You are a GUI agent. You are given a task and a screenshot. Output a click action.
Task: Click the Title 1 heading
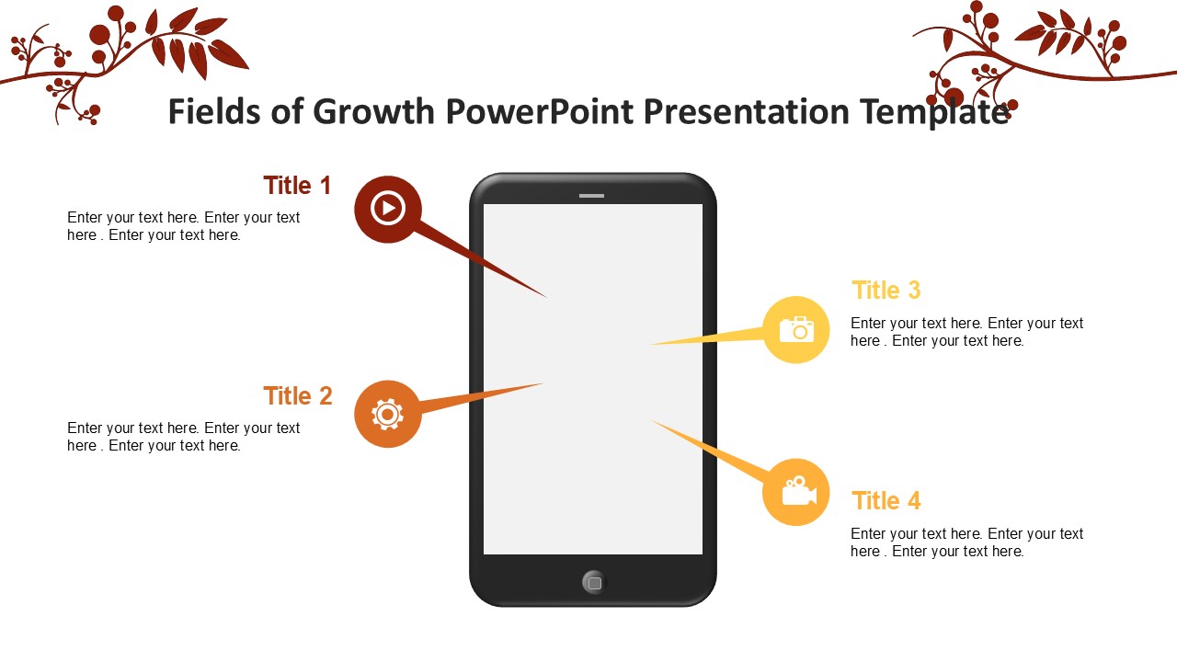pos(297,186)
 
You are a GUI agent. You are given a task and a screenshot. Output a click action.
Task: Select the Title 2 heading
pos(298,396)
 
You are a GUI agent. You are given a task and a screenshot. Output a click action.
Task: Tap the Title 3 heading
pos(886,290)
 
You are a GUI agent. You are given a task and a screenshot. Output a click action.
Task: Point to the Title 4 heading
pos(886,501)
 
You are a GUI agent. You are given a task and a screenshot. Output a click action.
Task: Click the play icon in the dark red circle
pos(388,209)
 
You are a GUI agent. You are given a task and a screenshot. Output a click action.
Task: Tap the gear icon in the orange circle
pos(388,415)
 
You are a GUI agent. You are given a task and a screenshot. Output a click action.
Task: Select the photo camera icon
pos(796,329)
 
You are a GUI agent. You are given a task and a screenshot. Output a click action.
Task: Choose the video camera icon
pos(799,491)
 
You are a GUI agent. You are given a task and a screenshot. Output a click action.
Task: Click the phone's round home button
pos(594,583)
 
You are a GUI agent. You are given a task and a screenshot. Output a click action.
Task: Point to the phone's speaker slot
pos(591,196)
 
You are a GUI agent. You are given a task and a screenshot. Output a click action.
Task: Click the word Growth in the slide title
pos(373,112)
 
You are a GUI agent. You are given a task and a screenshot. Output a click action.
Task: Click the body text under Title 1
pos(183,226)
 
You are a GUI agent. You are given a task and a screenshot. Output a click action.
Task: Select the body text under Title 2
pos(183,437)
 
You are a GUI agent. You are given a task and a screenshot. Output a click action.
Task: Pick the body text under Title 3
pos(966,332)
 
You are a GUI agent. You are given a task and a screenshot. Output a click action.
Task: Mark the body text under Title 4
pos(966,542)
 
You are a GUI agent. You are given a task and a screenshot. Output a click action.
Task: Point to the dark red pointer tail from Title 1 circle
pos(481,260)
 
